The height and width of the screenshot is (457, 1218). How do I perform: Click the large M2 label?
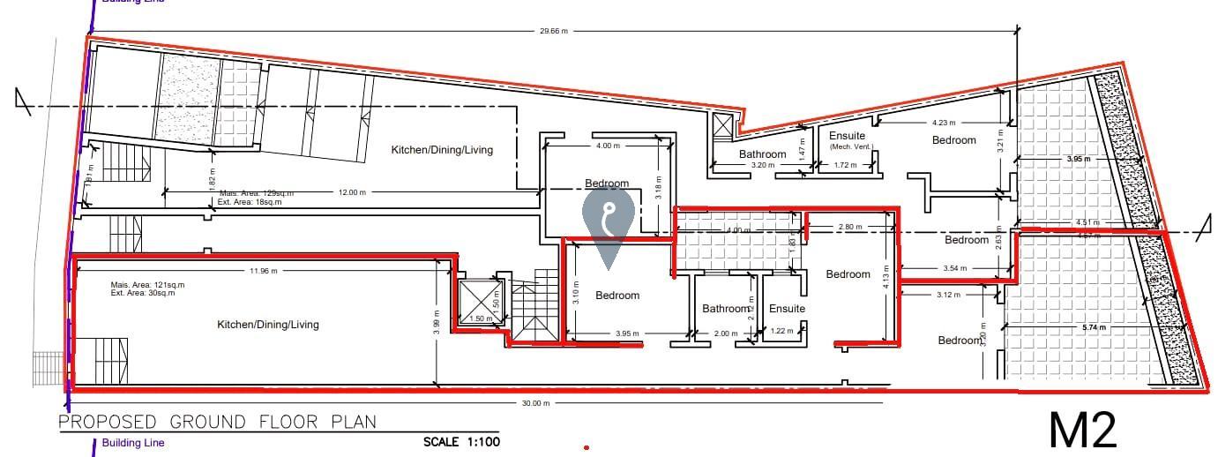click(1083, 430)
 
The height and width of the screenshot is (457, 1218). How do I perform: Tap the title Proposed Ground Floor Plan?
click(217, 421)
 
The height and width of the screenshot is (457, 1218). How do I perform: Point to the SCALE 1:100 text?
click(461, 441)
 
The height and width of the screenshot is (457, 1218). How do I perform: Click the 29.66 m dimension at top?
click(553, 31)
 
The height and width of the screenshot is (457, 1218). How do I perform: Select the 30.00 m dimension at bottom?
click(535, 403)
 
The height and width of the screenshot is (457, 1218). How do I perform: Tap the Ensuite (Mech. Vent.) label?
click(847, 141)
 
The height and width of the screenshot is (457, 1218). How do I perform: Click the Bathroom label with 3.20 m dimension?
click(762, 154)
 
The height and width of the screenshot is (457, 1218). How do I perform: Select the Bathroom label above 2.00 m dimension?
click(726, 309)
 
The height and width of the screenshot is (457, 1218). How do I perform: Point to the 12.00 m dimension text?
click(351, 192)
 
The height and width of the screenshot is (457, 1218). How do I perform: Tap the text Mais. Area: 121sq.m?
click(147, 285)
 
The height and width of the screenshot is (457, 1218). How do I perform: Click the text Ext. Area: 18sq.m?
click(250, 202)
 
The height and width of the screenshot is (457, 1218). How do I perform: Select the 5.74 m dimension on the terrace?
click(1093, 327)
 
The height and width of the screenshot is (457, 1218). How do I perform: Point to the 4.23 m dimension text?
click(943, 123)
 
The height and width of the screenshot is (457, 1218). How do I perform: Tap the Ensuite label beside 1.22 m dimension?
click(787, 309)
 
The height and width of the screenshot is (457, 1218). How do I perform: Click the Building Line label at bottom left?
click(133, 443)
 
